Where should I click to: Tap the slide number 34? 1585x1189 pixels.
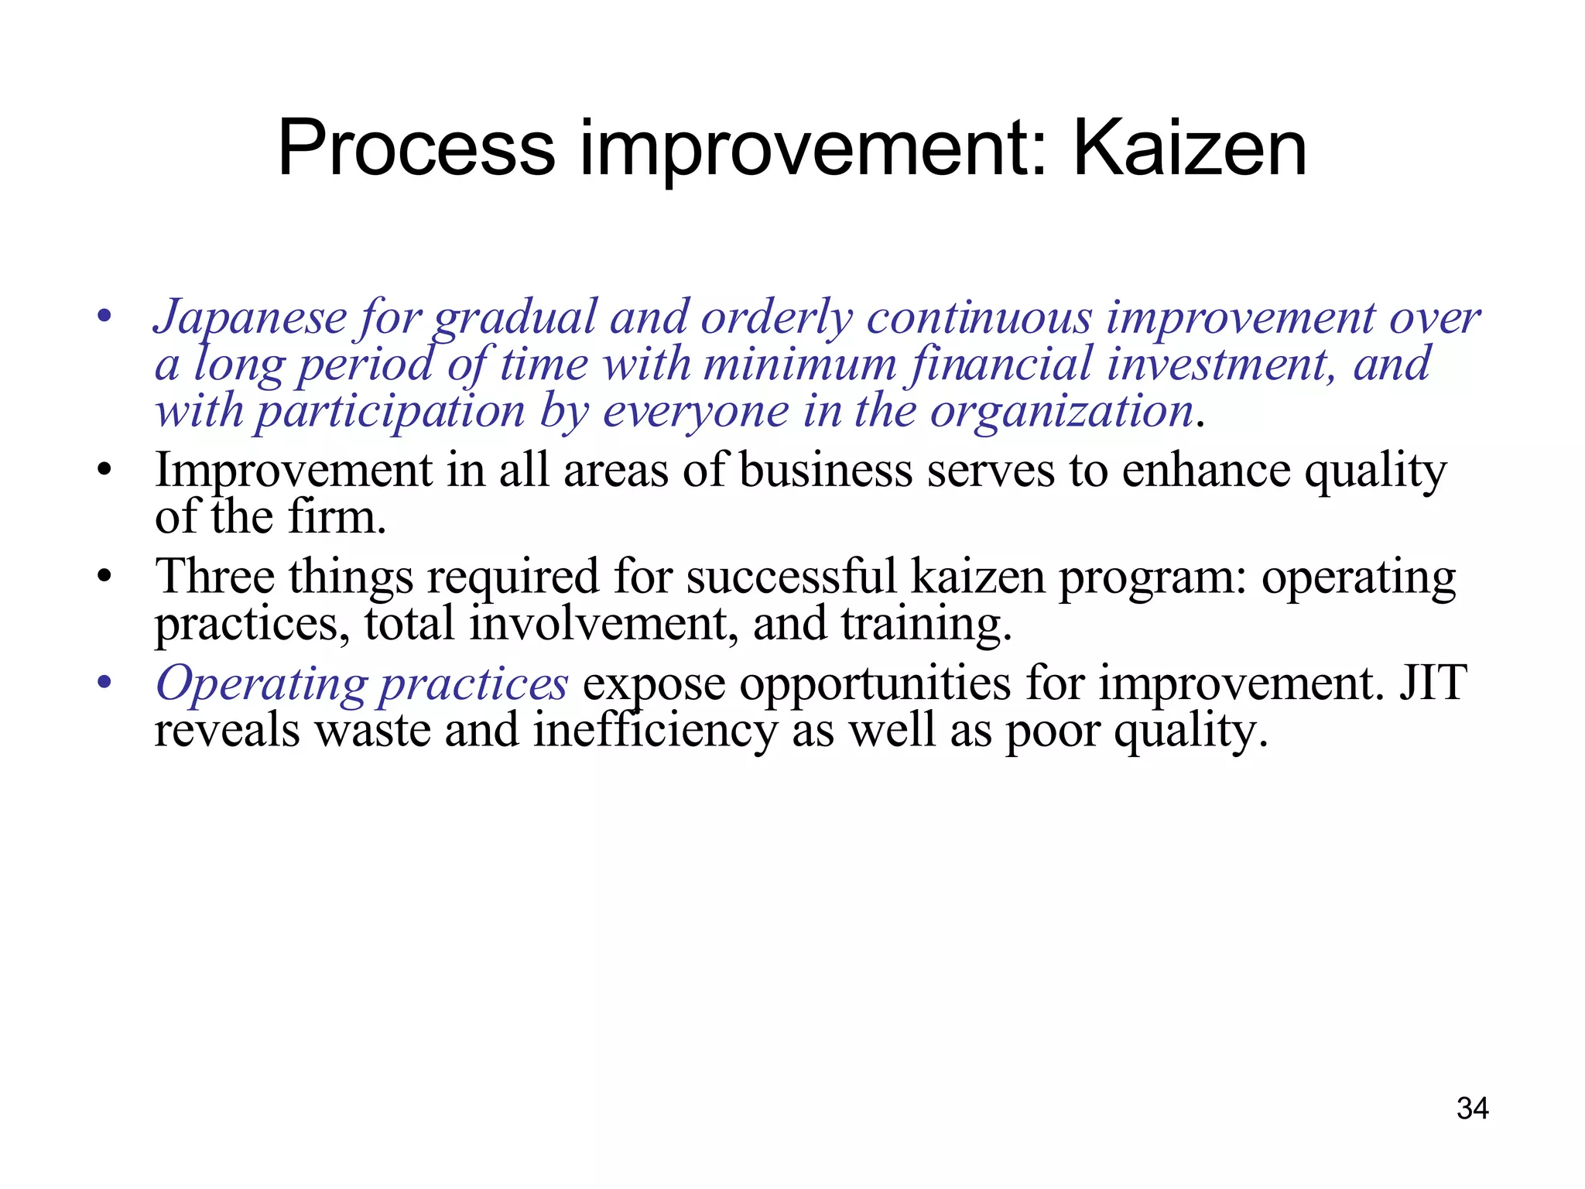point(1472,1108)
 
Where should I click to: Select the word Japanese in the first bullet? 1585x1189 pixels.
point(250,317)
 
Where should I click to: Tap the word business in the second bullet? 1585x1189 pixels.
point(826,470)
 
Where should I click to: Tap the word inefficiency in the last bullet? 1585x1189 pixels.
point(654,730)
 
